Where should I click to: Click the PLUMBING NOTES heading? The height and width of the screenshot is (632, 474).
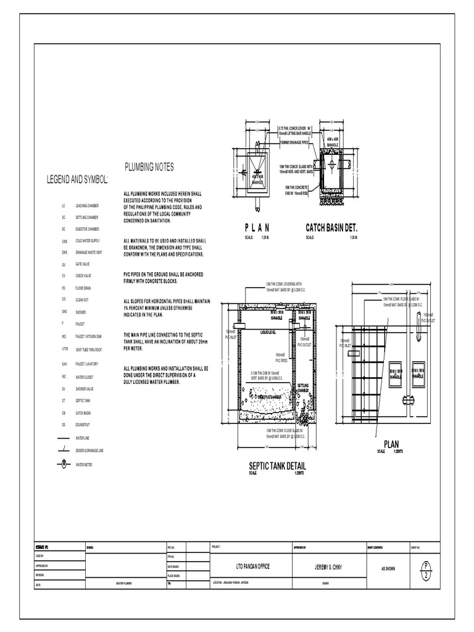click(149, 167)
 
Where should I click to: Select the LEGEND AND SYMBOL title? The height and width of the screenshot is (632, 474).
click(78, 180)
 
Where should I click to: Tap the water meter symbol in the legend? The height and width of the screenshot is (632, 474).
click(62, 464)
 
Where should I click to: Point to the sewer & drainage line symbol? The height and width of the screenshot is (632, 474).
click(62, 451)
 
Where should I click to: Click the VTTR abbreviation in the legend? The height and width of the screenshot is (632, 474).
click(64, 349)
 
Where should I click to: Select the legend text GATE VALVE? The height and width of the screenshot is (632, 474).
click(83, 264)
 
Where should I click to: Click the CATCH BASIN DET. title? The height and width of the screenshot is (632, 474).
click(331, 229)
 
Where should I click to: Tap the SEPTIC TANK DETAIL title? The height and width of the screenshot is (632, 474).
click(277, 466)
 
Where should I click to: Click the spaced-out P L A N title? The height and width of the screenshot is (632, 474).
click(257, 229)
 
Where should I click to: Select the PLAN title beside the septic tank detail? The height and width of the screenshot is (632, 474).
click(391, 444)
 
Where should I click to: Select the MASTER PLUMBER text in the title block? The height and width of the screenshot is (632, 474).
click(123, 583)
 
